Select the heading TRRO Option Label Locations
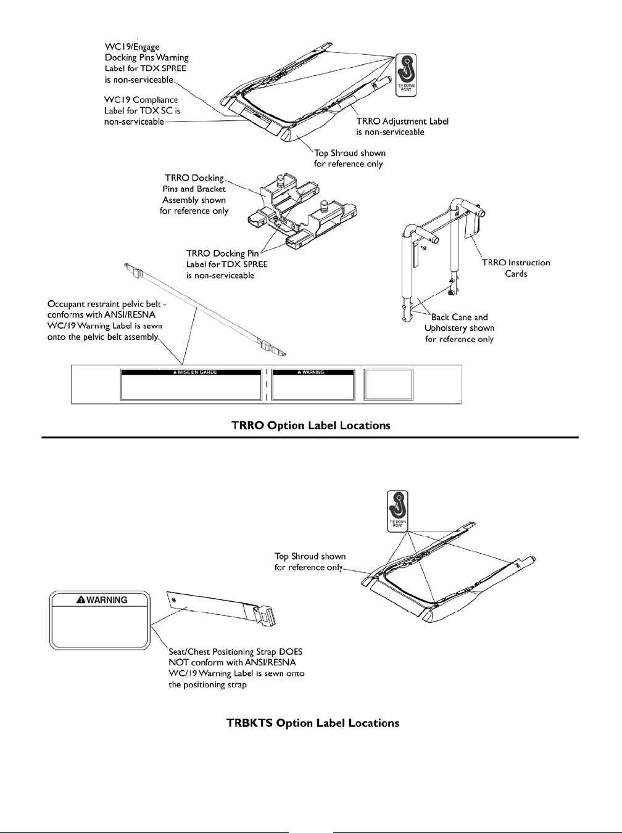click(310, 425)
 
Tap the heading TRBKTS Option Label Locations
click(313, 723)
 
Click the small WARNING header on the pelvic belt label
click(313, 372)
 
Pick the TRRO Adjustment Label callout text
click(402, 126)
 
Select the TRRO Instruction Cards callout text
click(516, 268)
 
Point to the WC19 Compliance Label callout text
click(141, 110)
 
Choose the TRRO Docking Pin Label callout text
click(226, 264)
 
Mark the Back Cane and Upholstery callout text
click(459, 328)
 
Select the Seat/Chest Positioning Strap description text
click(236, 668)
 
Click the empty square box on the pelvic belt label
click(388, 385)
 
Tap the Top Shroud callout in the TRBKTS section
click(310, 562)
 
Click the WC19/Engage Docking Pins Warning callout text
click(146, 63)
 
